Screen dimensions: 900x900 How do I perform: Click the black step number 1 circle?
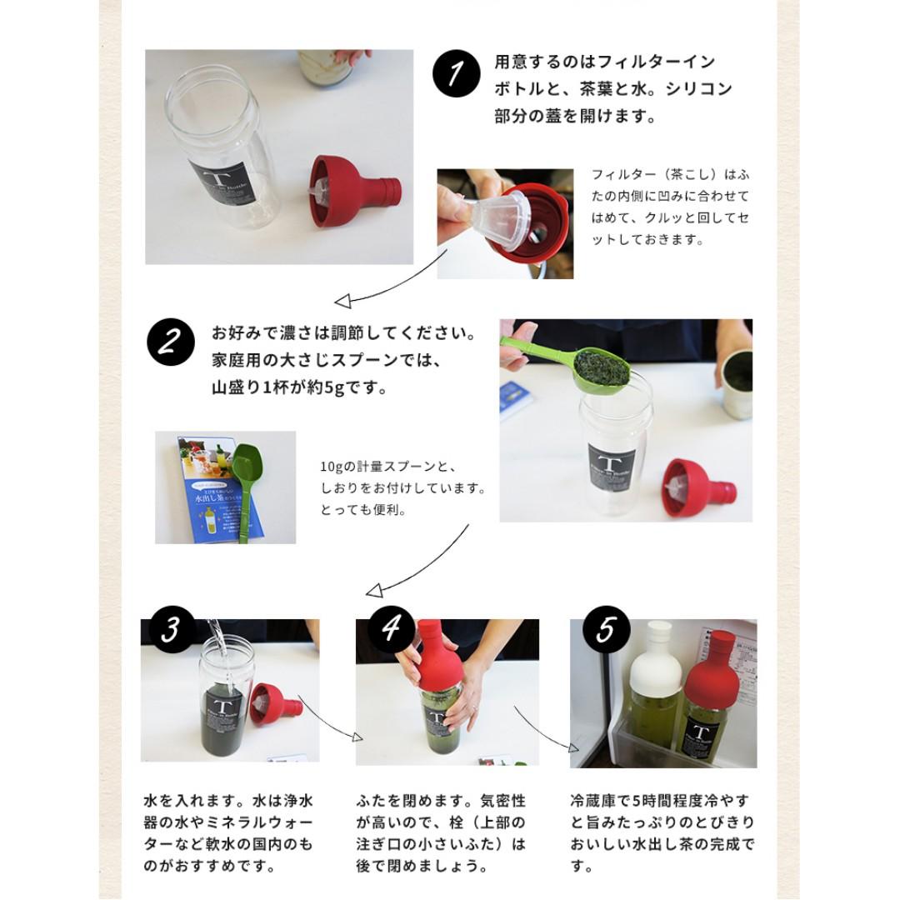tap(457, 72)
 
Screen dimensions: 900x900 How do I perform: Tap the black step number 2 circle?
tap(171, 342)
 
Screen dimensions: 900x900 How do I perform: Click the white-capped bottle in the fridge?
tap(652, 683)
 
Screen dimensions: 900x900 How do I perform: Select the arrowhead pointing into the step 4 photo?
tap(357, 737)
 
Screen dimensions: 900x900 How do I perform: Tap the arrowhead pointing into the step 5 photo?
tap(572, 747)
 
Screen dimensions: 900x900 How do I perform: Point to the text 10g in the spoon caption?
tap(331, 467)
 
